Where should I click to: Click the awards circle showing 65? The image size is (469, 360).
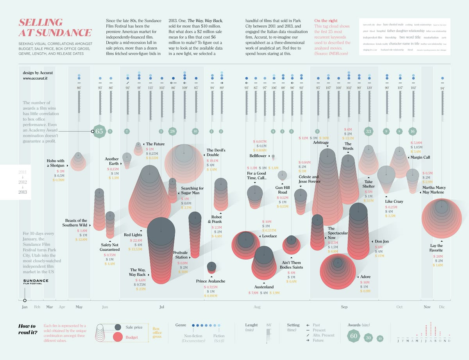[99, 132]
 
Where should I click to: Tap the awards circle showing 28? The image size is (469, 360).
[172, 131]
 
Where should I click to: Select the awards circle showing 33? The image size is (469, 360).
[369, 131]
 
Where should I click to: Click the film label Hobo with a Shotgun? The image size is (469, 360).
[55, 163]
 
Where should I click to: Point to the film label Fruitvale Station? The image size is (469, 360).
[181, 255]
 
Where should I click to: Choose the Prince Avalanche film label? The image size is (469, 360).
[211, 281]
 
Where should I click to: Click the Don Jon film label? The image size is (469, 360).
[382, 241]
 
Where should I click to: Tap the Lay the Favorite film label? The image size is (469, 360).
[436, 248]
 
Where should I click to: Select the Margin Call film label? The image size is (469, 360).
[420, 157]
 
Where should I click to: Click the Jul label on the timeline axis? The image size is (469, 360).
[162, 307]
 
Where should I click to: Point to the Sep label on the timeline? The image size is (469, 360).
[344, 307]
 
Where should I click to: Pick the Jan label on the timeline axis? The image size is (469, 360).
[25, 307]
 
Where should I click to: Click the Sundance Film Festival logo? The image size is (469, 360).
[36, 282]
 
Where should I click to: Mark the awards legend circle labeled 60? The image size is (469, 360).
[354, 336]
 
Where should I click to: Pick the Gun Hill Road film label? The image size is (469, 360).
[283, 190]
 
